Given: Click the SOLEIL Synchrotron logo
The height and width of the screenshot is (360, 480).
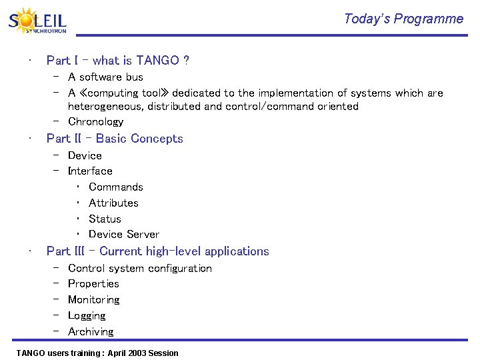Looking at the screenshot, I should (37, 21).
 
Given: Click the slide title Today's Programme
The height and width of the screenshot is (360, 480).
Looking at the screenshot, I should (403, 19).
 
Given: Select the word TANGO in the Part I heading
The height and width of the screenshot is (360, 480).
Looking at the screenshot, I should (157, 61).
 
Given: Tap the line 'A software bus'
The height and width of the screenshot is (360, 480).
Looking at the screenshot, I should (105, 77).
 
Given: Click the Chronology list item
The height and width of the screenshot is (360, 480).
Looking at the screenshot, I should (95, 122).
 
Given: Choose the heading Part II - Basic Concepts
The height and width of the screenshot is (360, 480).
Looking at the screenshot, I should (115, 139).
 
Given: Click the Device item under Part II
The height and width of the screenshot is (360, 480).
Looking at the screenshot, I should (85, 155).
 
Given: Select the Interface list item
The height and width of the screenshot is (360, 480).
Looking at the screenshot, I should (90, 171).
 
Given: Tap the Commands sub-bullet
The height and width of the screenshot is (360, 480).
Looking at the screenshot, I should (115, 187).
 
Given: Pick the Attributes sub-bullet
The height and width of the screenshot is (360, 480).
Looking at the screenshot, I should (113, 203).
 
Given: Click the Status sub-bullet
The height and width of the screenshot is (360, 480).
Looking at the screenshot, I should (105, 219).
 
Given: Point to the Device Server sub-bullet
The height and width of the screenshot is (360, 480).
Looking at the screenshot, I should (123, 235).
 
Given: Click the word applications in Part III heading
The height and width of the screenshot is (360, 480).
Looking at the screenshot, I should (237, 251).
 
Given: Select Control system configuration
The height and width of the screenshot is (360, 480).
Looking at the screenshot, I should (140, 269).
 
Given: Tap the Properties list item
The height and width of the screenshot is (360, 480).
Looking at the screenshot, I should (93, 284).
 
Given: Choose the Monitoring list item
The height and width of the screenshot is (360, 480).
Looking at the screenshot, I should (94, 300).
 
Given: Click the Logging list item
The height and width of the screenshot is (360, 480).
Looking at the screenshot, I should (87, 316).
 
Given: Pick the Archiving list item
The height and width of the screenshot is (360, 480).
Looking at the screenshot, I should (91, 332).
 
